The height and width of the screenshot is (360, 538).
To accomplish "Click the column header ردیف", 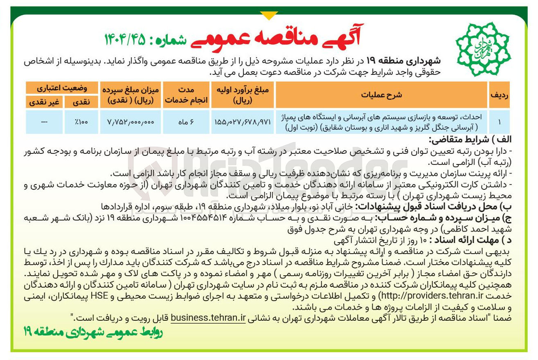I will click(x=499, y=95).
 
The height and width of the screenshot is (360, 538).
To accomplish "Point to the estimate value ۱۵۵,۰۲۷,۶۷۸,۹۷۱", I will click(x=242, y=122).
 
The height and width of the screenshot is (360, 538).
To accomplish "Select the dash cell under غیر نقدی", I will click(x=44, y=122).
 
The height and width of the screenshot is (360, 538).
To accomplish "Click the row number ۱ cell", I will click(x=500, y=122).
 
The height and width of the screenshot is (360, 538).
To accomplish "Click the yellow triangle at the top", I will click(x=269, y=16).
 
